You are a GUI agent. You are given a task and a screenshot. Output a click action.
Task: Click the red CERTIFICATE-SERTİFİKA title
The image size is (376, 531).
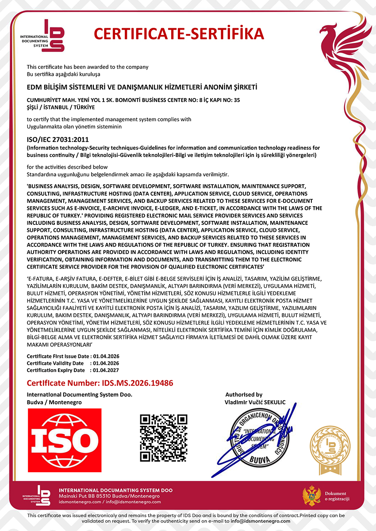(179, 34)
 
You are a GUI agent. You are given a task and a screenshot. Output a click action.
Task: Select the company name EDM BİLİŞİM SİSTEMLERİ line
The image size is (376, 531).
(142, 87)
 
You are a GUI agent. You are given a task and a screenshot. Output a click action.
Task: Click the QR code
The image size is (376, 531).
(164, 438)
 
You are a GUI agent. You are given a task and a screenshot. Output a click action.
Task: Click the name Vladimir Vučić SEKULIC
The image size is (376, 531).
(255, 402)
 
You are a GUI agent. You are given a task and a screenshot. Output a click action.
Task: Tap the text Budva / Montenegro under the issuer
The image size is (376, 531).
(54, 402)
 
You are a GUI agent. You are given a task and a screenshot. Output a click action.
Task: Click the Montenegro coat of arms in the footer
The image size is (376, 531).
(311, 496)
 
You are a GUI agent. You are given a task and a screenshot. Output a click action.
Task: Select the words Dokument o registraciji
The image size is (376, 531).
(337, 496)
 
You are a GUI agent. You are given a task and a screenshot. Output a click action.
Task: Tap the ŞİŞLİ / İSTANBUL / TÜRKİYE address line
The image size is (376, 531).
(61, 107)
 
